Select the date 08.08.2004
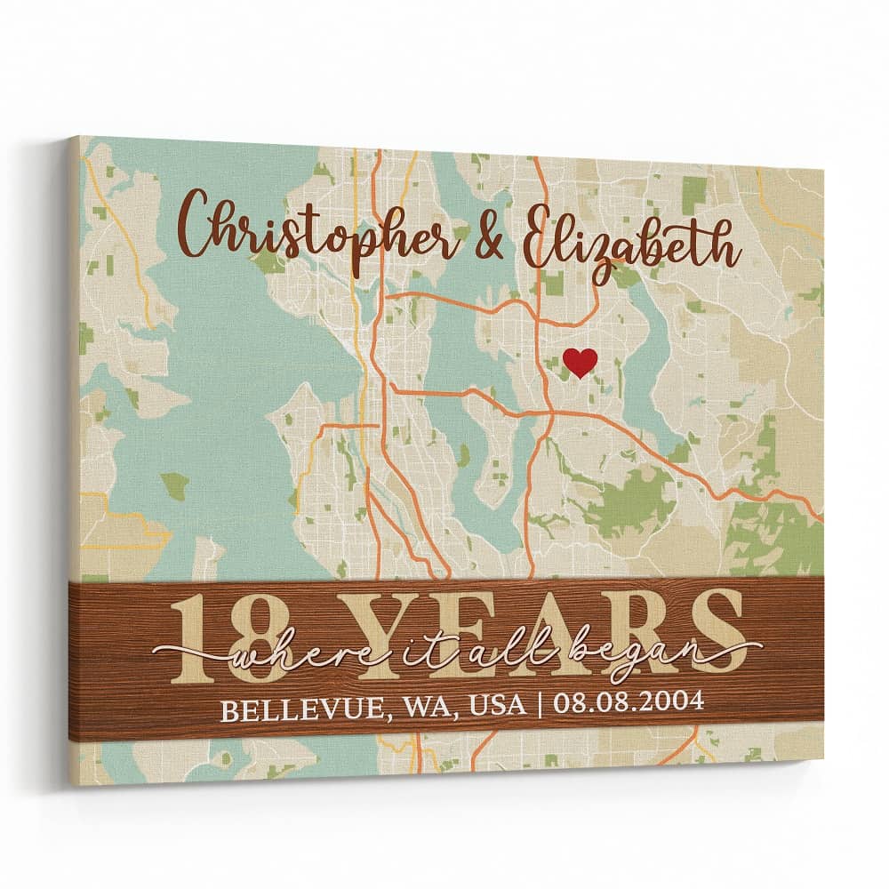coord(628,702)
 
